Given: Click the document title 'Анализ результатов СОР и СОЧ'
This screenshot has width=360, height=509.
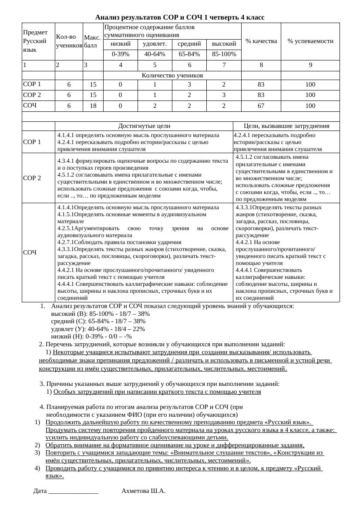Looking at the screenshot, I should [x=180, y=17].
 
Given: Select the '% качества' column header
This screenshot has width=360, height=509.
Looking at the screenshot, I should [x=261, y=41].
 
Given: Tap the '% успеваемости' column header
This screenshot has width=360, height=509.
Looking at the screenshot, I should [x=310, y=41].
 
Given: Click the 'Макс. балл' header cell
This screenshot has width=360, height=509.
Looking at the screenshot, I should [x=92, y=41].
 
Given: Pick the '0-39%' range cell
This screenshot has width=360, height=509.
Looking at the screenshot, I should [x=121, y=54].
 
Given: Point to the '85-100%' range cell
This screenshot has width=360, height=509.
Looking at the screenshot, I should [x=224, y=54].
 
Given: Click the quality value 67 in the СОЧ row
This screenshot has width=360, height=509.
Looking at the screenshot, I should [x=261, y=106].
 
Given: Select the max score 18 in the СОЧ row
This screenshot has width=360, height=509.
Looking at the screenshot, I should [x=93, y=106].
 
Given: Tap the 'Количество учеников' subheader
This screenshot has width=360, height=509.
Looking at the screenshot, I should [x=172, y=75].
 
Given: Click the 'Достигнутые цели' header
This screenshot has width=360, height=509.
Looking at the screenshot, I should [x=144, y=126].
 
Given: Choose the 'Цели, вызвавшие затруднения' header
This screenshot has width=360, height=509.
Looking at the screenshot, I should [x=286, y=126].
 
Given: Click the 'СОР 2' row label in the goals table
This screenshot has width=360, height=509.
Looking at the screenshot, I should [x=32, y=178].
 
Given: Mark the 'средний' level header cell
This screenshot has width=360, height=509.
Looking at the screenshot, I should [x=189, y=44].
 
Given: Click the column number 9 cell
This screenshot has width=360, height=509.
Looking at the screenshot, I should [x=310, y=65].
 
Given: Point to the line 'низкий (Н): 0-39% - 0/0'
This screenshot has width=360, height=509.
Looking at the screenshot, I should [x=91, y=336].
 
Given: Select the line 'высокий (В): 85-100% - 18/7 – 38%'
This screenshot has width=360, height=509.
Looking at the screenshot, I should [x=100, y=314].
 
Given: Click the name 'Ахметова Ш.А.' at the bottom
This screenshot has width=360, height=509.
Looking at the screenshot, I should [x=143, y=491].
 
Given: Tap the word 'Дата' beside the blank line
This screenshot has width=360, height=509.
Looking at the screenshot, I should [x=40, y=491].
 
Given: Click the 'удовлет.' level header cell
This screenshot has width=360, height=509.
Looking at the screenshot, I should [x=155, y=44].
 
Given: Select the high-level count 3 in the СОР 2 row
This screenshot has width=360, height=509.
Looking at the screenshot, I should [x=224, y=95].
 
